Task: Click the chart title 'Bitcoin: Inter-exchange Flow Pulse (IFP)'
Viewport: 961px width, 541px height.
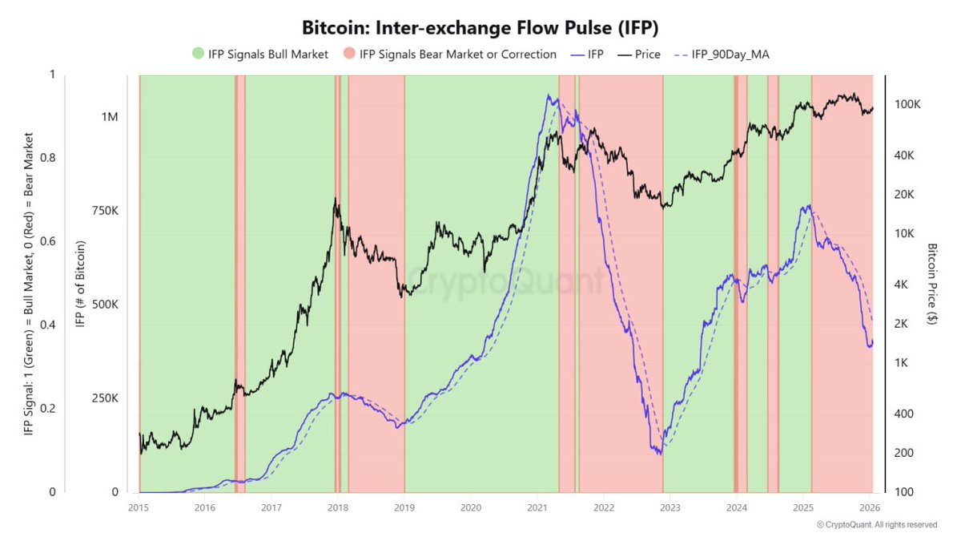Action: point(480,27)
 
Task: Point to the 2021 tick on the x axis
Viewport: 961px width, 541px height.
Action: point(537,507)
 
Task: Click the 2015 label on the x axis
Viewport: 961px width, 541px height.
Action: point(139,507)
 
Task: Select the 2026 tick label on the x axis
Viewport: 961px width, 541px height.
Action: point(870,507)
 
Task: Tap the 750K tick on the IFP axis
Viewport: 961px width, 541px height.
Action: point(104,211)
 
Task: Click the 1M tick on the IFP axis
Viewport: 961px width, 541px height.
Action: point(110,117)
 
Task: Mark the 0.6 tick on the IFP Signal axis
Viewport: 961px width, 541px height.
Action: point(56,241)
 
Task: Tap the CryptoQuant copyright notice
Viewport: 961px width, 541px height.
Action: point(876,525)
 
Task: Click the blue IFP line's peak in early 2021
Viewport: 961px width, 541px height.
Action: point(549,95)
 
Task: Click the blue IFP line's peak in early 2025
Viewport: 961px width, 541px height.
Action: point(810,206)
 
